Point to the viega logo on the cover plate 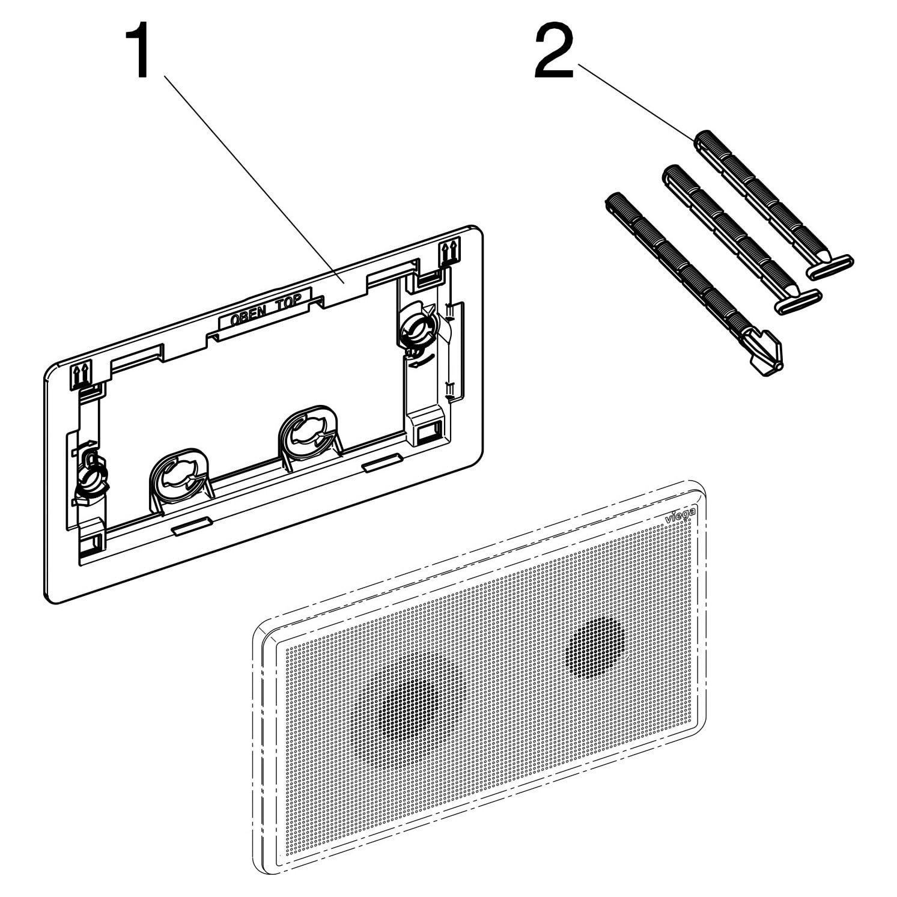click(681, 515)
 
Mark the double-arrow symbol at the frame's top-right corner click(449, 252)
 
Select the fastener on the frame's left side click(90, 478)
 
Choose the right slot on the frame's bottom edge click(382, 461)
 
